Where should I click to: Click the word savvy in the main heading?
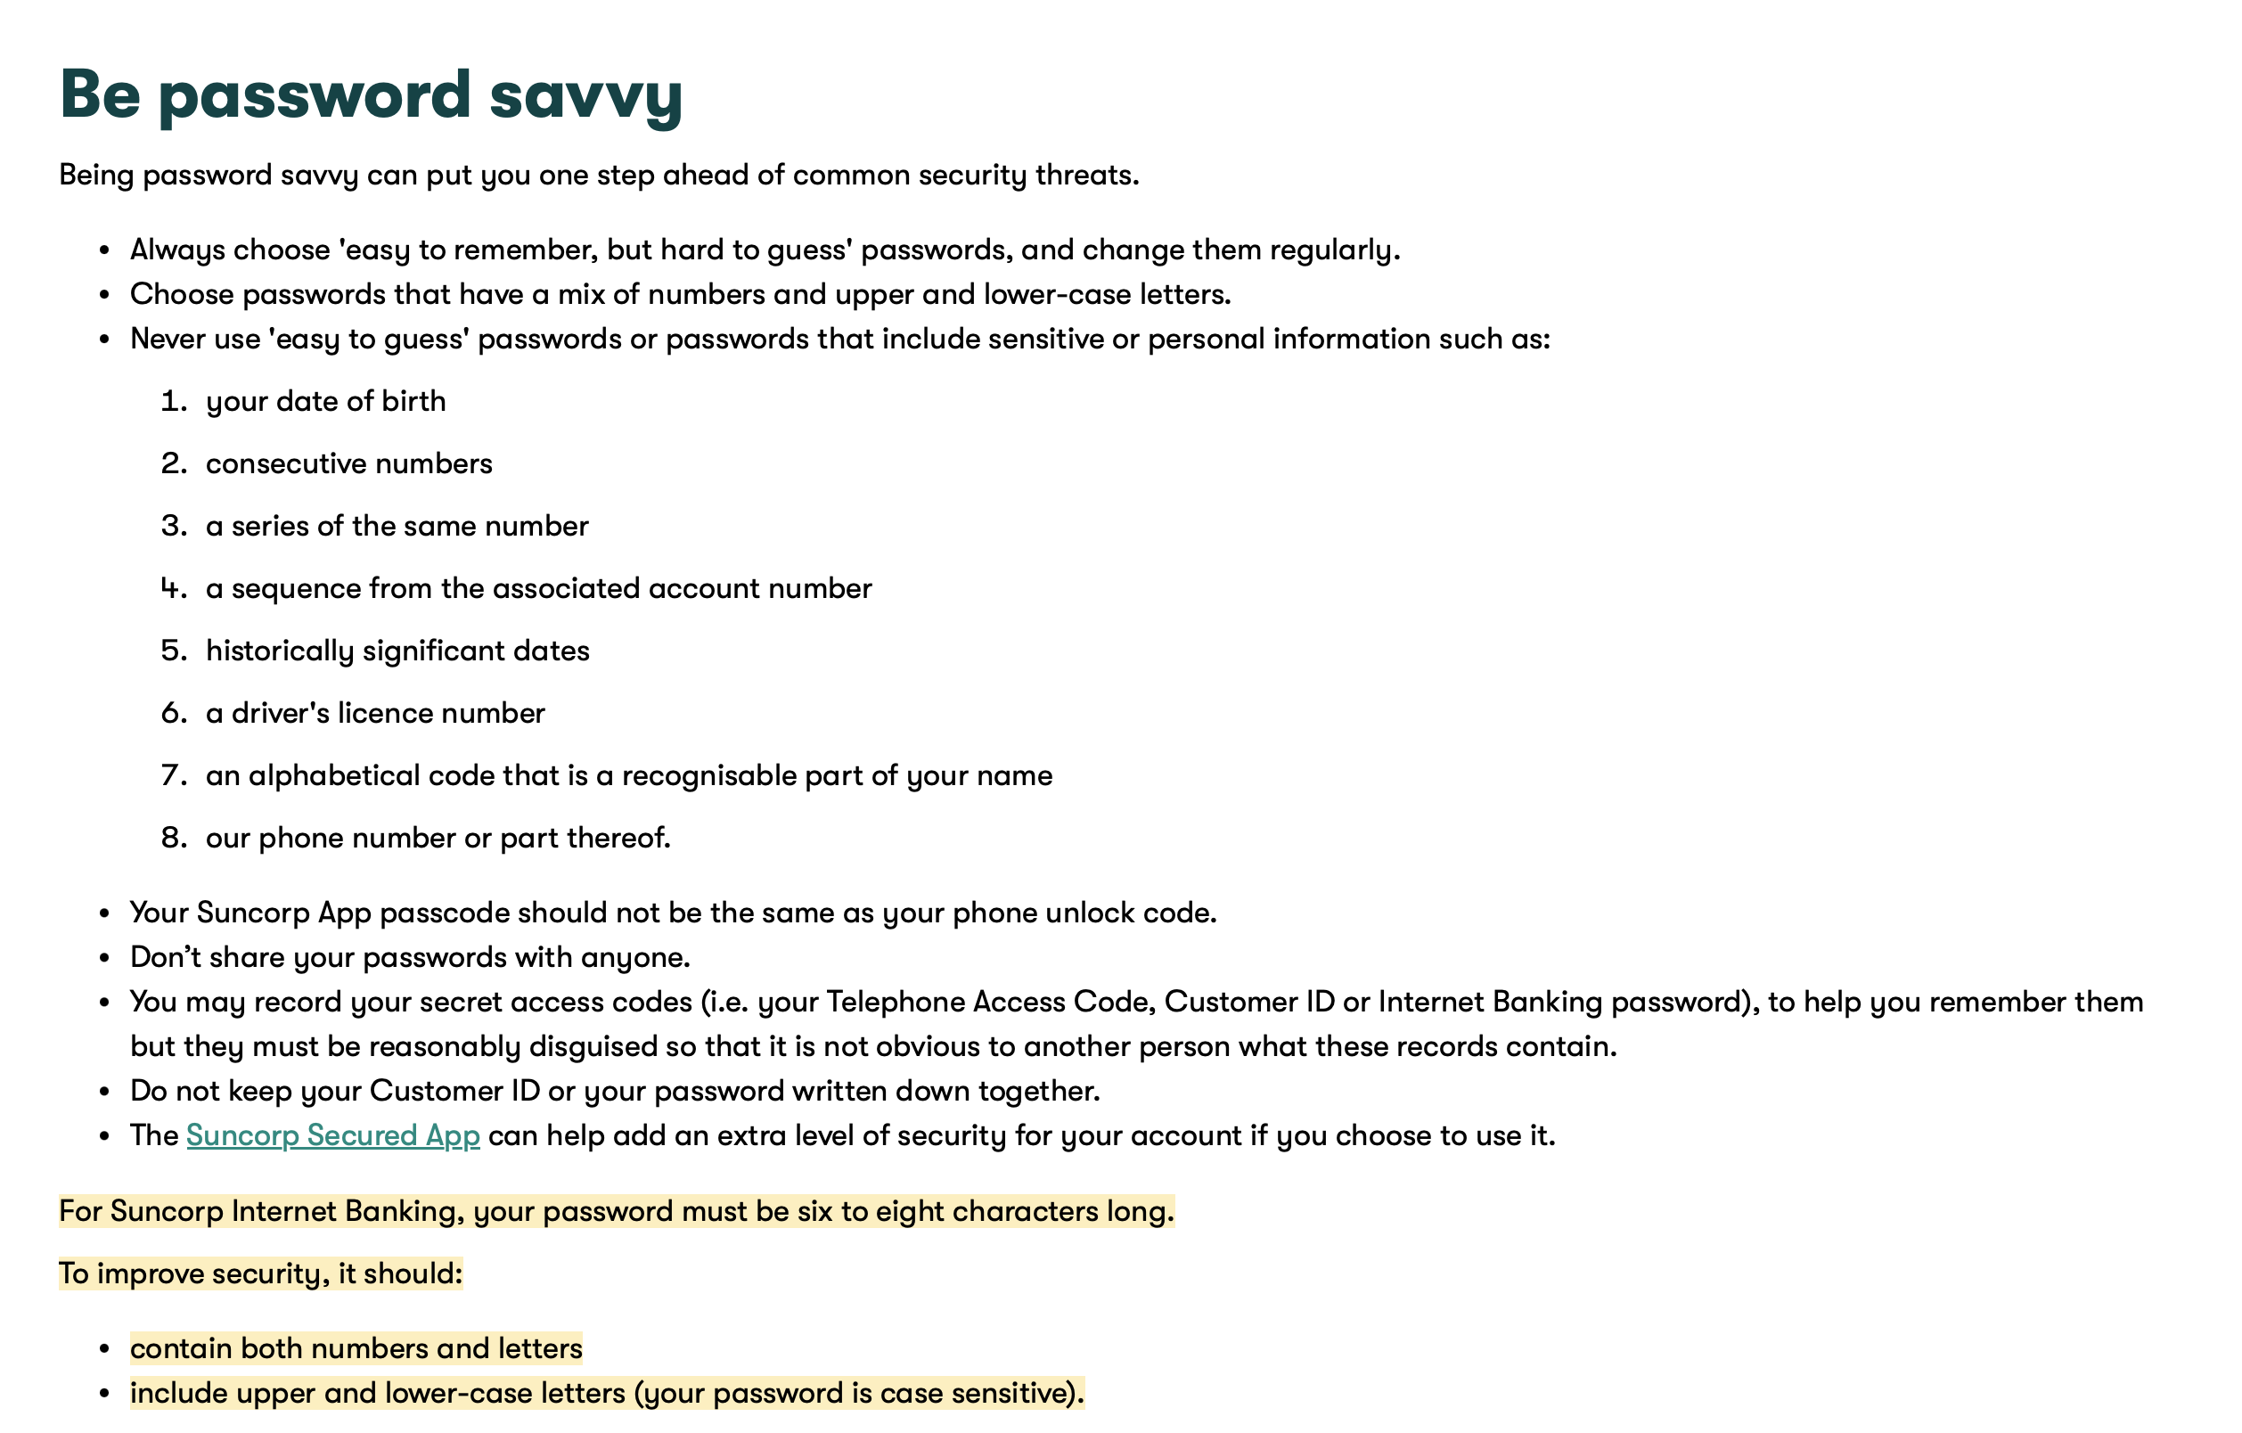tap(585, 96)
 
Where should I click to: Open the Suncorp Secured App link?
tap(332, 1135)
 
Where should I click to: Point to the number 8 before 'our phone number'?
tap(173, 838)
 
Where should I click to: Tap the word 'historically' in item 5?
tap(279, 651)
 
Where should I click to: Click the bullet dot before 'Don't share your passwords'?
tap(105, 958)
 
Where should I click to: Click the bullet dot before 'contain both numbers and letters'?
tap(105, 1349)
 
